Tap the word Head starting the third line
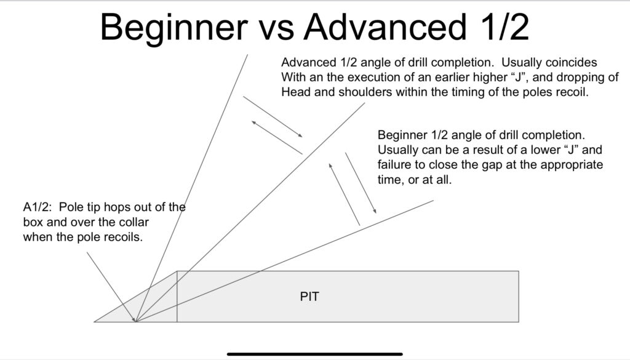coord(295,93)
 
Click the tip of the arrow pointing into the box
coord(135,321)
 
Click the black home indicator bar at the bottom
coord(314,354)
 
